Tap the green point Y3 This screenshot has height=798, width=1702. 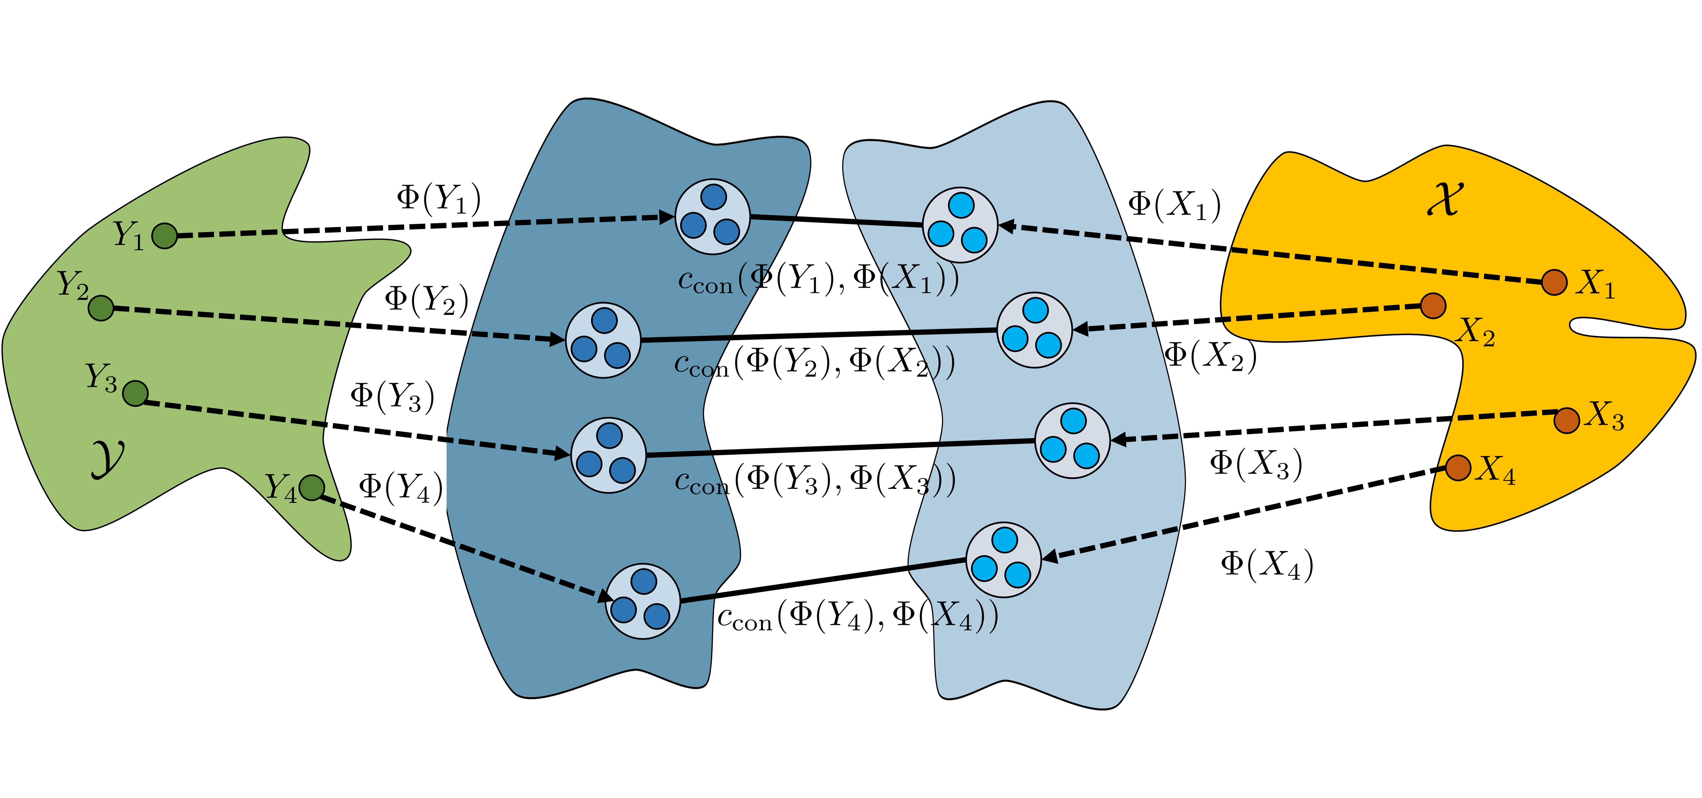pos(136,393)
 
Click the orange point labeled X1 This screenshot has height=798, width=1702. pos(1554,282)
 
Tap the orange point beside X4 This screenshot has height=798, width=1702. pos(1458,467)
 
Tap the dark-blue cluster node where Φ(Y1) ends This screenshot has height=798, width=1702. pos(712,216)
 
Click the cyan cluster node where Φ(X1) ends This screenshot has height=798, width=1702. pos(960,225)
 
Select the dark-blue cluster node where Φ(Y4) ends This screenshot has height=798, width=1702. pos(643,601)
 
